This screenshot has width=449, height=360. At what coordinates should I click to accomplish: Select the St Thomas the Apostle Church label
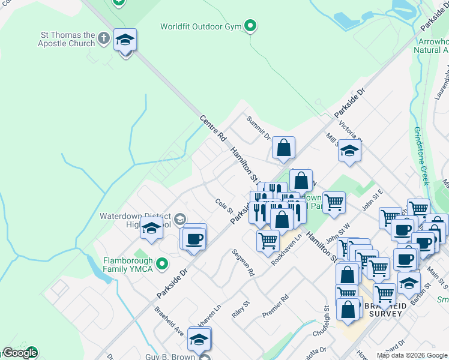(x=66, y=39)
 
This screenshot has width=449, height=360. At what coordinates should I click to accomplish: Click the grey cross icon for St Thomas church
(x=104, y=39)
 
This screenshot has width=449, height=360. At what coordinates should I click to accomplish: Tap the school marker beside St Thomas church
(x=125, y=41)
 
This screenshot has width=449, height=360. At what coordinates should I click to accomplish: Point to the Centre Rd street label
(x=212, y=126)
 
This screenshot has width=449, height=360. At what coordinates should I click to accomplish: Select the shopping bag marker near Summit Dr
(x=283, y=148)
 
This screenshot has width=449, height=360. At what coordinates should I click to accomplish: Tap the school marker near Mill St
(x=349, y=151)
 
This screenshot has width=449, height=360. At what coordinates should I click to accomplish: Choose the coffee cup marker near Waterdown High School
(x=194, y=238)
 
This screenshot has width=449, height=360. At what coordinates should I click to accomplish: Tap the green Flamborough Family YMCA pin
(x=161, y=263)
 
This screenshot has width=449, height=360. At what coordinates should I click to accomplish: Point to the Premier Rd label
(x=276, y=306)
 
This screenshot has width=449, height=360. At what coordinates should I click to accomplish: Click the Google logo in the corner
(x=20, y=353)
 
